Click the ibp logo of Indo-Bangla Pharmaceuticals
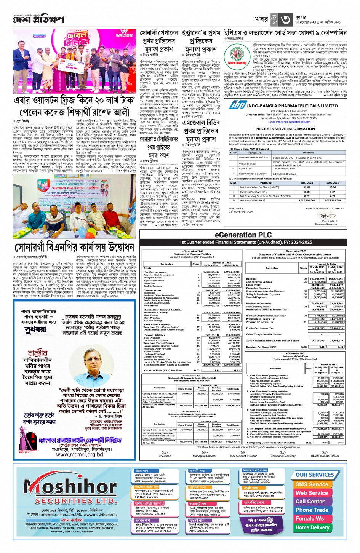237,105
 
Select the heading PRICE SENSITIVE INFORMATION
285,129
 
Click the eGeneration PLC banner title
243,235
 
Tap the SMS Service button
312,484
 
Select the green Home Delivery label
312,527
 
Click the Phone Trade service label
312,510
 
